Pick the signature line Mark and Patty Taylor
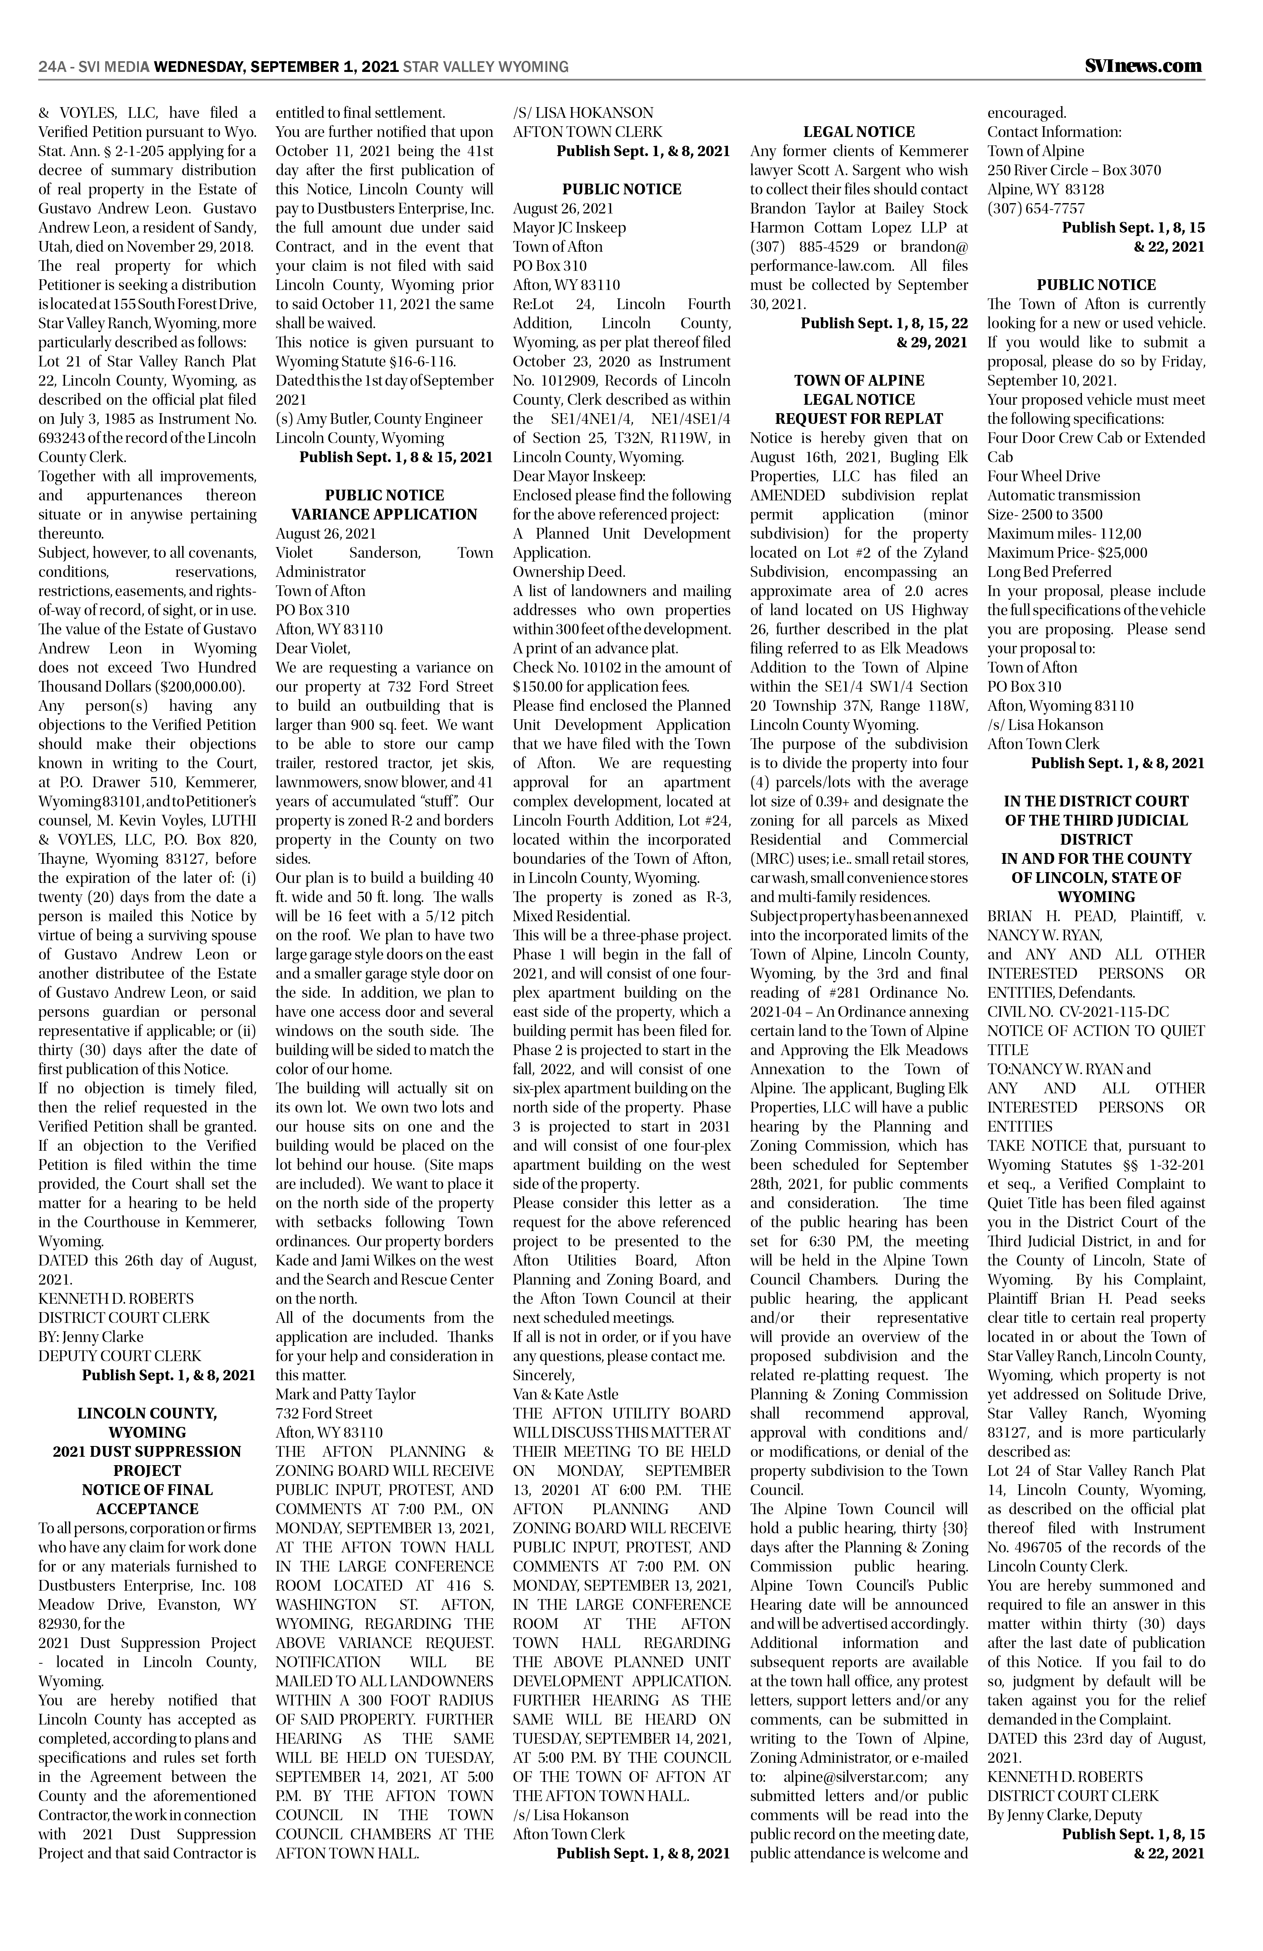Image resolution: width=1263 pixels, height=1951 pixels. coord(345,1394)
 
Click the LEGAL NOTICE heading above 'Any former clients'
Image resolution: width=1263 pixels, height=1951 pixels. coord(859,132)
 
